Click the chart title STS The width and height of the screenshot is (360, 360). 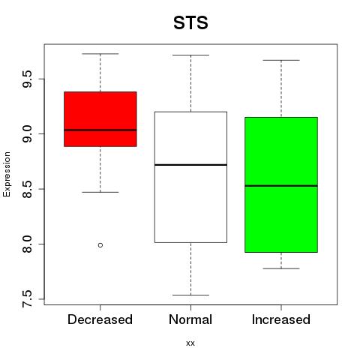click(190, 22)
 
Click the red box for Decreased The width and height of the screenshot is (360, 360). click(100, 119)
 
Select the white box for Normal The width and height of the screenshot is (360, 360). click(190, 177)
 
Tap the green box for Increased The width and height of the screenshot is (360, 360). click(281, 184)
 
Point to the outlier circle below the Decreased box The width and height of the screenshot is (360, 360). click(100, 245)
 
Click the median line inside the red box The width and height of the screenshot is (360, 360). click(100, 130)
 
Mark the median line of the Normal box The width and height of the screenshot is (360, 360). click(190, 165)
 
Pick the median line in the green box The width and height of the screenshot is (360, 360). click(281, 186)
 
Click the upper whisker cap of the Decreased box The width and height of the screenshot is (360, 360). click(100, 54)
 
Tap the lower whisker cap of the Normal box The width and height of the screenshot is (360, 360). click(190, 295)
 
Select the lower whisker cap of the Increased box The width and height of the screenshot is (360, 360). click(281, 268)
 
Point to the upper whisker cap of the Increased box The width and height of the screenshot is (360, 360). click(281, 60)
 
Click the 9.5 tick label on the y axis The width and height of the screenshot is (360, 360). click(27, 79)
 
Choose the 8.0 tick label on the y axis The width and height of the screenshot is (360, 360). click(27, 244)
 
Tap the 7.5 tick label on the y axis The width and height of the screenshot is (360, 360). click(27, 299)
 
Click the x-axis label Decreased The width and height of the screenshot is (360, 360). click(100, 319)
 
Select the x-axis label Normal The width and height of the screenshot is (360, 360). click(190, 319)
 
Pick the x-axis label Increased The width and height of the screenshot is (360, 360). click(281, 319)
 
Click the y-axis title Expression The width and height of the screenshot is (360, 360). click(7, 174)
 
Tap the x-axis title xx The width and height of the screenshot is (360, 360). click(190, 343)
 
